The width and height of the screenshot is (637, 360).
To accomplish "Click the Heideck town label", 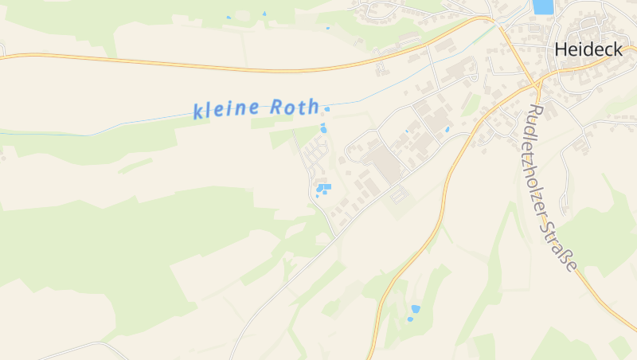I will (x=588, y=49).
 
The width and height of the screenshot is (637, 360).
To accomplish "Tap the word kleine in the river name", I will (x=226, y=109).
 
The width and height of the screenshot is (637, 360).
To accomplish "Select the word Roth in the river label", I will (x=295, y=107).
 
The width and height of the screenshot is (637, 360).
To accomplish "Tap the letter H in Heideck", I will (x=561, y=49).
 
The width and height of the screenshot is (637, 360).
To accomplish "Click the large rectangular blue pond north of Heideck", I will (x=542, y=6).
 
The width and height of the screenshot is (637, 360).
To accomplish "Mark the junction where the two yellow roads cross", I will (x=537, y=82).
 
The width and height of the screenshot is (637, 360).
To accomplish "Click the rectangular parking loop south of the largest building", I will (x=397, y=193).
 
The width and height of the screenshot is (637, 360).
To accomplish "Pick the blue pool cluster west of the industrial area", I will (x=323, y=188).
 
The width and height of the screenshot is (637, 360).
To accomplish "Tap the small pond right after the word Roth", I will (x=326, y=109).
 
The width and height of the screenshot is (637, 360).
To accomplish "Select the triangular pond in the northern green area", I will (x=264, y=14).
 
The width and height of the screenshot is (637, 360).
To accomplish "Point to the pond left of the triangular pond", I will (x=229, y=17).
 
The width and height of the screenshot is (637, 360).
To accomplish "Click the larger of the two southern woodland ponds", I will (x=415, y=308).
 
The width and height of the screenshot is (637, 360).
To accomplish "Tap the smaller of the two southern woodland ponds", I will (x=410, y=319).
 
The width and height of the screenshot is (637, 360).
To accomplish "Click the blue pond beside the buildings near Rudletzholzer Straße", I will (x=447, y=129).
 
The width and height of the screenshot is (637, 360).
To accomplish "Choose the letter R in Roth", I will (x=277, y=107).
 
